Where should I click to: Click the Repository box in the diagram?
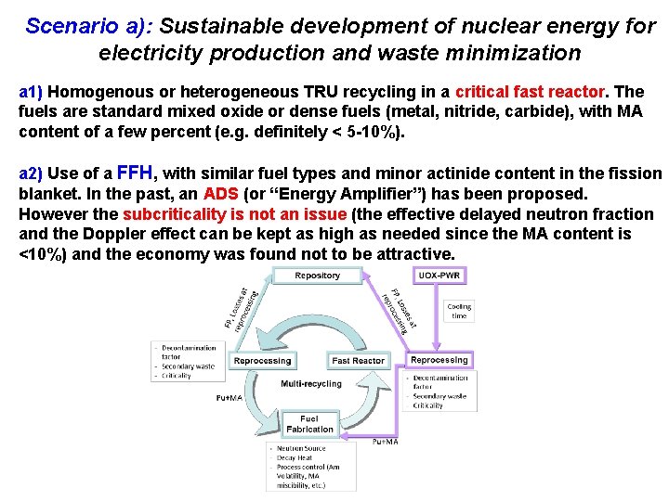point(317,276)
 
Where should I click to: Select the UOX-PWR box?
point(439,276)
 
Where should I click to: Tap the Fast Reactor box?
point(358,360)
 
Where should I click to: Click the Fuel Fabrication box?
point(309,424)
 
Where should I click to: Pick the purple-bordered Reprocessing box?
point(439,359)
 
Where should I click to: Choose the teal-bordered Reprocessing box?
point(262,360)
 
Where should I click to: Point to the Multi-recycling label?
point(311,383)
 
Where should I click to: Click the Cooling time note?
point(459,311)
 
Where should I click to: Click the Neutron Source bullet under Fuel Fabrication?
point(297,448)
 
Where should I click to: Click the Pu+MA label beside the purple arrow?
point(386,442)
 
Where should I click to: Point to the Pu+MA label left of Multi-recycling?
point(229,397)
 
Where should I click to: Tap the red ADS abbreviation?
point(221,194)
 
